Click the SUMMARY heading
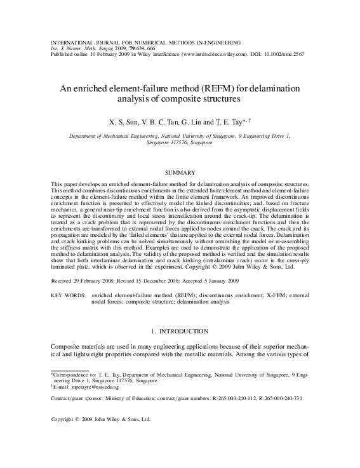coord(180,172)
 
